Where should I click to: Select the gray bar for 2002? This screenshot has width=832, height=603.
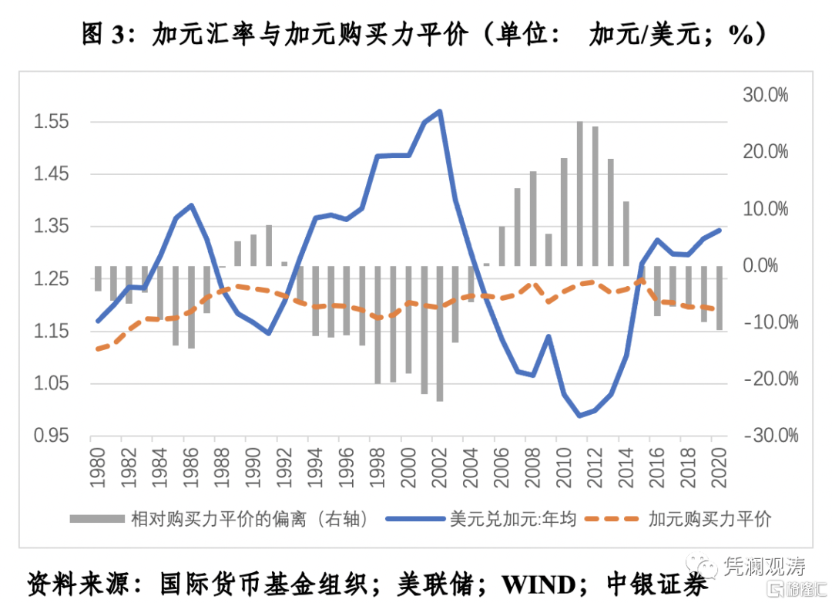pos(440,333)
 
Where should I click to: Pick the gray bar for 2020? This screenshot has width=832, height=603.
pos(720,298)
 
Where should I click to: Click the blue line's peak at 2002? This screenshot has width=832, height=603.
pos(440,111)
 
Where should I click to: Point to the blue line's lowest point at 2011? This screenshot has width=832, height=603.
pos(579,416)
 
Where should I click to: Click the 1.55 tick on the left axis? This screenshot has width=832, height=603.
pos(52,122)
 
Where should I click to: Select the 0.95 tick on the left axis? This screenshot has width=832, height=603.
pos(52,436)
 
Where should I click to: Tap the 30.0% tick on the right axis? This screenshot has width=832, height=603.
pos(767,96)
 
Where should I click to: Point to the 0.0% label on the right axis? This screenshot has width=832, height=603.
pos(770,266)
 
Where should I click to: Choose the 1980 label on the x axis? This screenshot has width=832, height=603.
pos(99,467)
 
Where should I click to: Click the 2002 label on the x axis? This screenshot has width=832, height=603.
pos(440,467)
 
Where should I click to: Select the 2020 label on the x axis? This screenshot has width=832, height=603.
pos(720,467)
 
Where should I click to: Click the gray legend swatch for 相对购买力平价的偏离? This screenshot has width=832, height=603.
pos(96,519)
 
